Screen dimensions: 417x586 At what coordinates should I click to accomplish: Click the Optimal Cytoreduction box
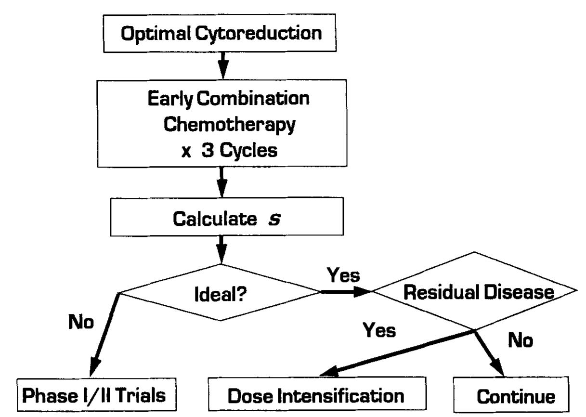tap(221, 33)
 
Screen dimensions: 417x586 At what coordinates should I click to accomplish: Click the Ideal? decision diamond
tap(221, 292)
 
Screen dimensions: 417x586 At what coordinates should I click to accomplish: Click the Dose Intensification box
tap(316, 396)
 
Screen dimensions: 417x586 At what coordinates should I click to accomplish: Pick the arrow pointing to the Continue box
tap(489, 354)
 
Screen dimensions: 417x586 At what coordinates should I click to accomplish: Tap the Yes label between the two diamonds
tap(343, 275)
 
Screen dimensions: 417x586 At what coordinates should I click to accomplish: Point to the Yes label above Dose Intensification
tap(379, 330)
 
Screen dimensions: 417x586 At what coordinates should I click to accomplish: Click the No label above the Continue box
tap(521, 340)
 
